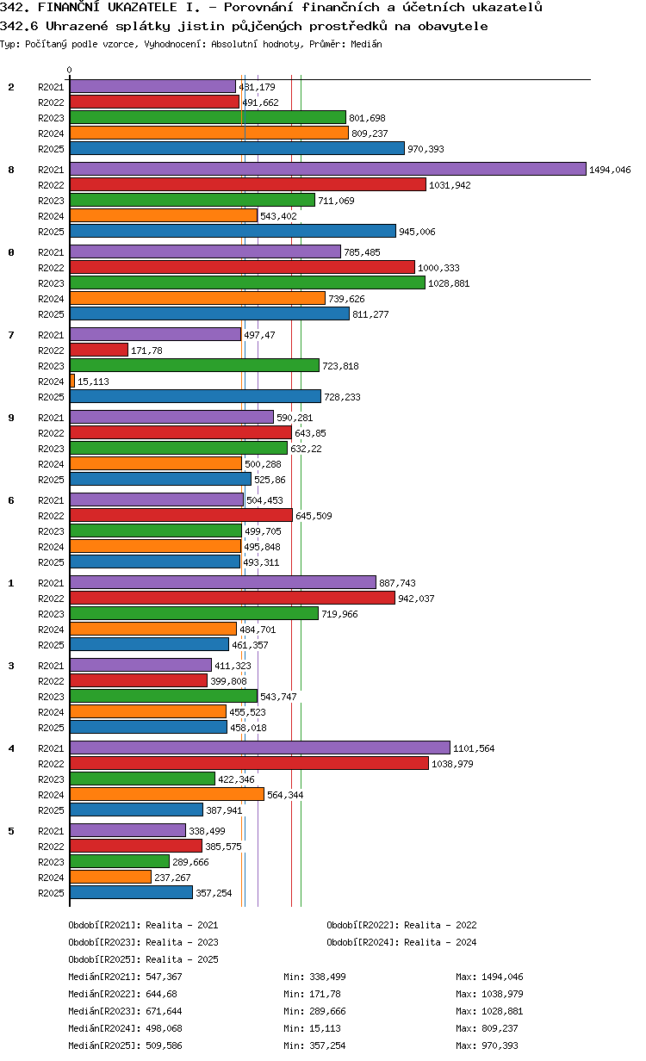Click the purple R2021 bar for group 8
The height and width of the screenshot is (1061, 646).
pyautogui.click(x=327, y=170)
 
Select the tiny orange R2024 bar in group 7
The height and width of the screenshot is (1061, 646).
pyautogui.click(x=72, y=382)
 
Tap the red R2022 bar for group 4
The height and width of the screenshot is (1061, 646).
pyautogui.click(x=249, y=764)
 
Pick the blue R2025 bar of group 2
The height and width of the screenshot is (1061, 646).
pyautogui.click(x=237, y=149)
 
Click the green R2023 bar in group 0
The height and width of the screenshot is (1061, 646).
pyautogui.click(x=247, y=283)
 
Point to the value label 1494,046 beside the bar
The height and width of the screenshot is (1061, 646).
pyautogui.click(x=610, y=170)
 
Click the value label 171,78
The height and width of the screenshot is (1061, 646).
pyautogui.click(x=146, y=351)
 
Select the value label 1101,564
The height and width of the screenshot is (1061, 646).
pyautogui.click(x=474, y=748)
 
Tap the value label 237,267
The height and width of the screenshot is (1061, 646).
pyautogui.click(x=173, y=878)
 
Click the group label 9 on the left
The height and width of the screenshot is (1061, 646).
pyautogui.click(x=11, y=418)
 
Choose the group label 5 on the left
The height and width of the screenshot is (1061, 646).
pyautogui.click(x=11, y=831)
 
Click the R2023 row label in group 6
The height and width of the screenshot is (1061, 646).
pyautogui.click(x=52, y=531)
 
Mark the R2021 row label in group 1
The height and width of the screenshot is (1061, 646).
pyautogui.click(x=52, y=583)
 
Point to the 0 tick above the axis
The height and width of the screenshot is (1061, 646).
pyautogui.click(x=70, y=71)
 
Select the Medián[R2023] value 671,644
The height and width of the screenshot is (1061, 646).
pyautogui.click(x=164, y=1011)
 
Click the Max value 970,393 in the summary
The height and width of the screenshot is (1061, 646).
pyautogui.click(x=502, y=1045)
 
